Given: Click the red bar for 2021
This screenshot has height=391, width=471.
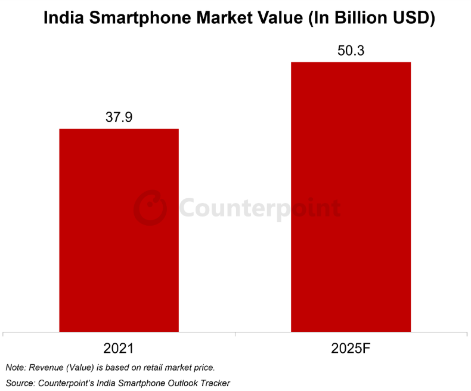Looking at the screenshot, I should click(x=119, y=230).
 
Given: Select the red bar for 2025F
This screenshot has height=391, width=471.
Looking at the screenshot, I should click(x=351, y=196).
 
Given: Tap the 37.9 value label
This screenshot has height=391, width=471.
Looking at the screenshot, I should click(x=119, y=118).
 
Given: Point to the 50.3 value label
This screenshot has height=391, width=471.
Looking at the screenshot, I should click(x=351, y=51).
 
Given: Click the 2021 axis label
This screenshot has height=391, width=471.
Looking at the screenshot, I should click(x=119, y=349).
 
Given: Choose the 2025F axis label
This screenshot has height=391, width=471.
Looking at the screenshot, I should click(x=351, y=349).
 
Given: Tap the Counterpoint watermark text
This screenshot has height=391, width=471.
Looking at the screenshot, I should click(x=260, y=209).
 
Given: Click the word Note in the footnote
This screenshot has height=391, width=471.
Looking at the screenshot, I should click(x=15, y=367).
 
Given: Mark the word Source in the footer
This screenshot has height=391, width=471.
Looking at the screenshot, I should click(x=19, y=383).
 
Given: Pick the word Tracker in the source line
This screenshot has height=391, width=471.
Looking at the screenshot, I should click(x=213, y=383).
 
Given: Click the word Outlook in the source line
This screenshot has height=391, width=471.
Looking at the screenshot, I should click(x=178, y=383).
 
